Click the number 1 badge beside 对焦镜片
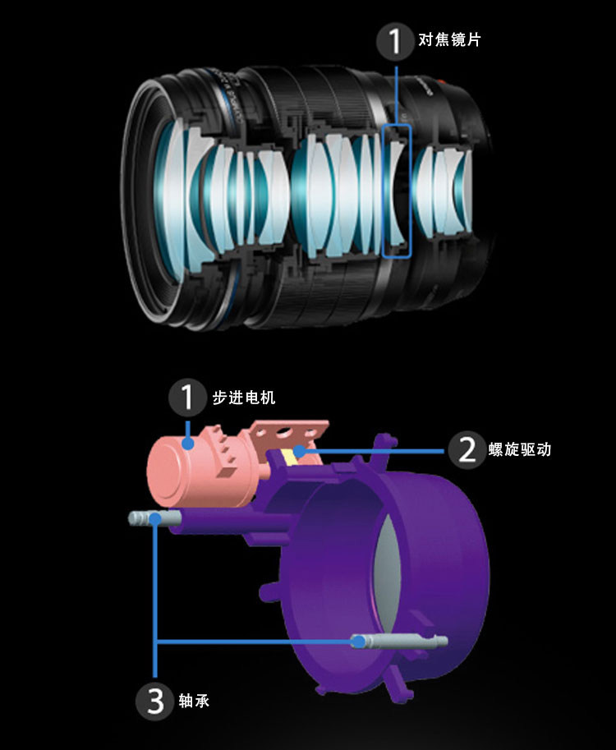click(396, 40)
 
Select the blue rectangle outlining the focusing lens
click(397, 191)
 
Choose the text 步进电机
click(244, 398)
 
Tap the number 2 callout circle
click(467, 449)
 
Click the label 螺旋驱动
click(519, 450)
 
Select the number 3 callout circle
click(156, 700)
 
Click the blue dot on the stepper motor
click(189, 444)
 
